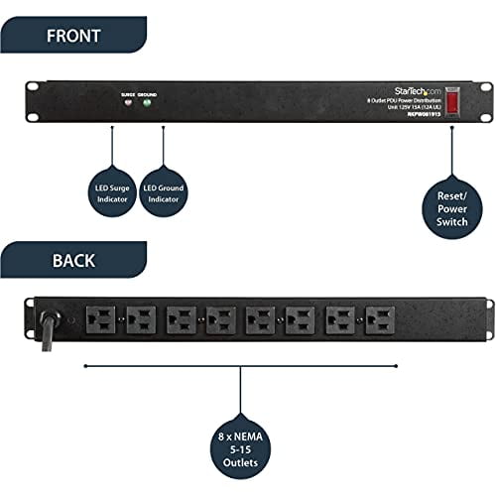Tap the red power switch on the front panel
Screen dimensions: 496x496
452,101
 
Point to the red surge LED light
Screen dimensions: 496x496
127,104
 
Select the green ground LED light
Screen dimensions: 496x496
148,104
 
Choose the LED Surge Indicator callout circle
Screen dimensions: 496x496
112,188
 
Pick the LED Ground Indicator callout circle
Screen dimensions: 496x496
163,188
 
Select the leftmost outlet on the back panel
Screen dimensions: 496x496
102,318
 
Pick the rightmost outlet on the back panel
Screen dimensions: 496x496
379,318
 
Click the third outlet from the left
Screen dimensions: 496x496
182,318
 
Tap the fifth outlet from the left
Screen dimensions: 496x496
260,318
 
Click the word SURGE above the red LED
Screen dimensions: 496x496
127,94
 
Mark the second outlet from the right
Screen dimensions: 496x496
339,318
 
